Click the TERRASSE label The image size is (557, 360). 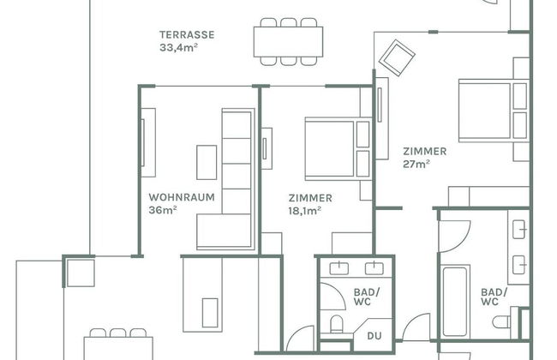tap(187, 35)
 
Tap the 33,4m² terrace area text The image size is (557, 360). tap(178, 47)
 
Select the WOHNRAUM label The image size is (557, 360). tap(182, 197)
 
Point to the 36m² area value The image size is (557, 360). tap(163, 210)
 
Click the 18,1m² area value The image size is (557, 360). tap(305, 211)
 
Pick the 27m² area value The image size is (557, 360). tap(416, 164)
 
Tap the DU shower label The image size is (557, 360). tap(374, 336)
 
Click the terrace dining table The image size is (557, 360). tap(288, 42)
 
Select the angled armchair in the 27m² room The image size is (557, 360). tap(397, 57)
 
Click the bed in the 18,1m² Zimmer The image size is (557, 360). tap(338, 149)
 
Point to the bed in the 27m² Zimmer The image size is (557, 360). tap(494, 111)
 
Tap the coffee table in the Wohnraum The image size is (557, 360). tap(207, 162)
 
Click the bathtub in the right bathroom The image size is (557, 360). tap(455, 301)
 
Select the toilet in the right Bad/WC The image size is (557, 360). tap(502, 321)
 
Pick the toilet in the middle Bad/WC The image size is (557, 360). tap(336, 323)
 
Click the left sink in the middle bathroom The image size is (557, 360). tap(338, 268)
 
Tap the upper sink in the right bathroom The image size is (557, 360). tap(519, 229)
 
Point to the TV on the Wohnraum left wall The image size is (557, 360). tap(143, 142)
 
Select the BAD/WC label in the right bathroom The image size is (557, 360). tap(494, 297)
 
